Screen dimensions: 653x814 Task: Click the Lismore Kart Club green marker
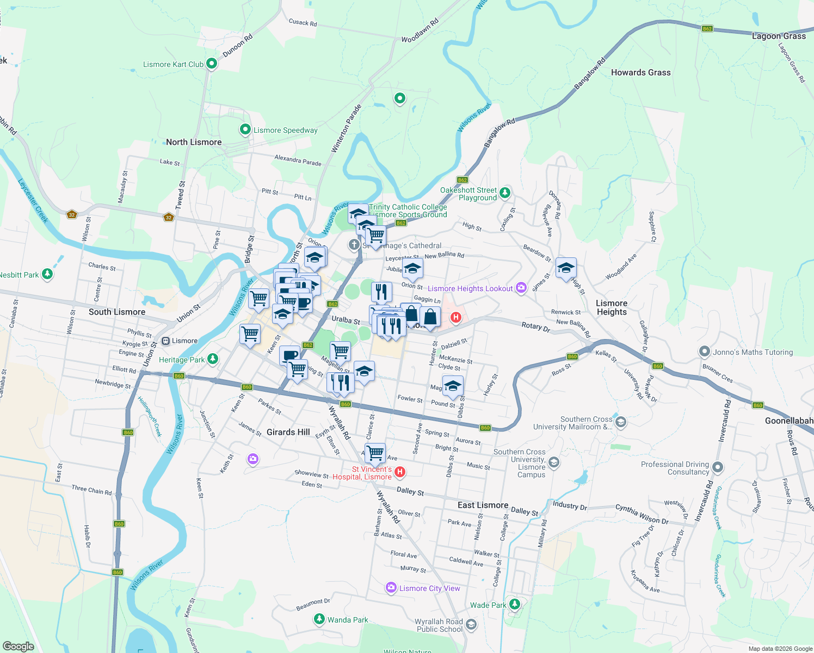(x=212, y=64)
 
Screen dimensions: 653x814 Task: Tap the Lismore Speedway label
(x=285, y=130)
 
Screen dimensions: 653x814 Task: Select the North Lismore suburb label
(x=194, y=142)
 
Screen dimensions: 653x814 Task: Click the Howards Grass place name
(x=640, y=72)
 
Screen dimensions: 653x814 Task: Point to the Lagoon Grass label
(x=779, y=36)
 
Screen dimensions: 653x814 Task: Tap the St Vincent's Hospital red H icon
(x=400, y=472)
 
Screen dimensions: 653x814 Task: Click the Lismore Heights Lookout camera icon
(x=521, y=288)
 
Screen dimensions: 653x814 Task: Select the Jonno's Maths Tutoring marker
(x=705, y=352)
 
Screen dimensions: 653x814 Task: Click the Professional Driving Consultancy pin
(x=718, y=467)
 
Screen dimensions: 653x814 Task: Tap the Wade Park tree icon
(x=515, y=605)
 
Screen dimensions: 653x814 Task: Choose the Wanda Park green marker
(x=319, y=619)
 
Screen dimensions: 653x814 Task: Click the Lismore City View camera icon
(x=391, y=588)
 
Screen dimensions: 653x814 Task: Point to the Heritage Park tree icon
(x=213, y=359)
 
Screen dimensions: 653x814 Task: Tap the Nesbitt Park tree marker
(x=47, y=274)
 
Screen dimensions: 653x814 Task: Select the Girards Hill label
(x=288, y=432)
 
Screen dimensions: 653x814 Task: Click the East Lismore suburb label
(x=483, y=505)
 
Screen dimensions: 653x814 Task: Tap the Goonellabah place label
(x=789, y=421)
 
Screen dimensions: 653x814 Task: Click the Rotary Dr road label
(x=535, y=326)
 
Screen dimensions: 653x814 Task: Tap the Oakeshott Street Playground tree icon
(x=505, y=193)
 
